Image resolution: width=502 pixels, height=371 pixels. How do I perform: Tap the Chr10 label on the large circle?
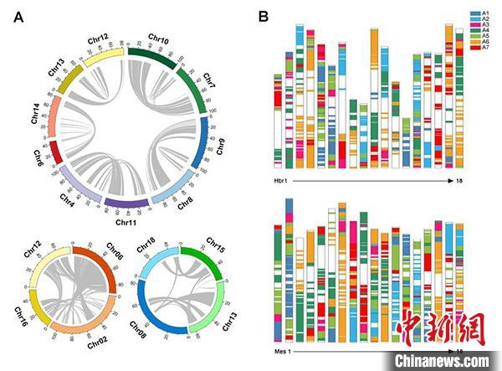[x=156, y=39]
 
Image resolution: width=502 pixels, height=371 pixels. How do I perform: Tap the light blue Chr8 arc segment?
[x=177, y=193]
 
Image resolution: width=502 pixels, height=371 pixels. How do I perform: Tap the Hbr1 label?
[x=282, y=180]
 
